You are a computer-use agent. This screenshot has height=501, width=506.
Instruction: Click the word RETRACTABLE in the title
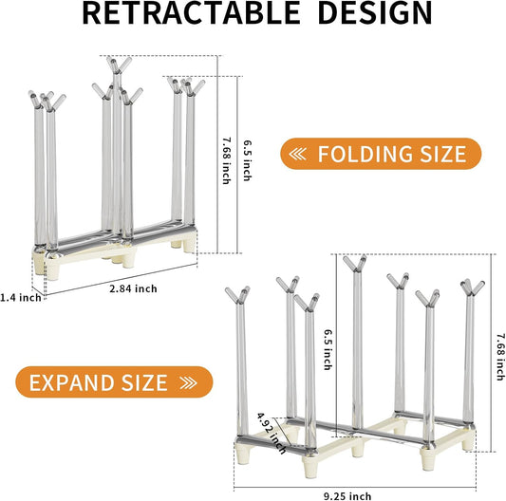point(191,13)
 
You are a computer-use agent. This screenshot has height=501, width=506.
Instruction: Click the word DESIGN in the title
point(375,13)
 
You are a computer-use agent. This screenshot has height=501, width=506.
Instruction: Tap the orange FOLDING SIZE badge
point(381,154)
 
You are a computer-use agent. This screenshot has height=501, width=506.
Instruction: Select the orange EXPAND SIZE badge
point(114,382)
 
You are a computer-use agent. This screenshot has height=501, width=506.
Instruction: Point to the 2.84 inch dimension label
point(133,288)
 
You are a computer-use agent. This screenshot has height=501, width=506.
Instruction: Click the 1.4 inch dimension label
point(21,297)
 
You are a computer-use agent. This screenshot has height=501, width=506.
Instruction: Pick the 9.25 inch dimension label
point(347,496)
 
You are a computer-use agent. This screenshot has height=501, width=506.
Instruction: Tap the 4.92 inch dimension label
point(272,433)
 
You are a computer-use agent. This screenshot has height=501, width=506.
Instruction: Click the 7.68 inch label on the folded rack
point(227,160)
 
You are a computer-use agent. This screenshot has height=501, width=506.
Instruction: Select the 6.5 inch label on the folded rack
point(247,160)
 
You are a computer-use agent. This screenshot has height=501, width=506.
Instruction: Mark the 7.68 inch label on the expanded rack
point(500,357)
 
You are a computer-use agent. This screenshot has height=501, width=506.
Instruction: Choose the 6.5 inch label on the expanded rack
point(328,349)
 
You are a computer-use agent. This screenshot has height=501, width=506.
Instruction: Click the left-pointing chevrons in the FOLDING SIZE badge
point(297,154)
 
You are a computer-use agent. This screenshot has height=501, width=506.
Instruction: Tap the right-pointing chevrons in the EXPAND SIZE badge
point(189,382)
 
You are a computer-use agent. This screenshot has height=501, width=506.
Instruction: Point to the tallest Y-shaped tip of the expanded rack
point(355,263)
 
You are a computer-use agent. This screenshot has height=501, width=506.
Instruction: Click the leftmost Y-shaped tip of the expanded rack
point(238,295)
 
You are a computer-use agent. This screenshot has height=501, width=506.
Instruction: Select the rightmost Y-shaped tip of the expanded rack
point(473,288)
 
